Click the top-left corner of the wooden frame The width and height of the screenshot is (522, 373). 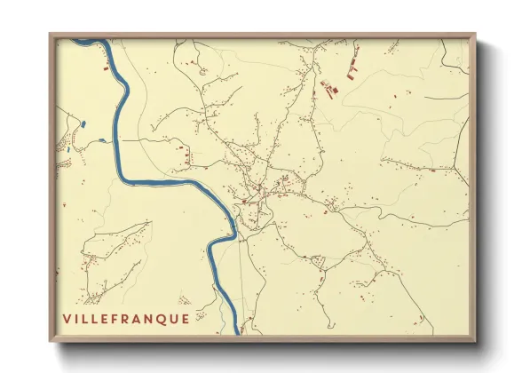tap(50, 34)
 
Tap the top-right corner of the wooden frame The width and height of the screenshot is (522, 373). tap(476, 34)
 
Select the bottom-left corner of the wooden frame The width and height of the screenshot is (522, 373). tap(50, 342)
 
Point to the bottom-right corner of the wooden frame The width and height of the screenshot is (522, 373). tap(476, 342)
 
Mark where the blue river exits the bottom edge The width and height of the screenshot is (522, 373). tap(239, 335)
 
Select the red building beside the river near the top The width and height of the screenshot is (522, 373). tap(107, 66)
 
